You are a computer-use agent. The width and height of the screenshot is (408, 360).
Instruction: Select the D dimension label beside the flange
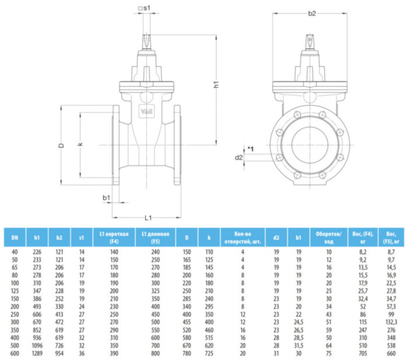coord(61,146)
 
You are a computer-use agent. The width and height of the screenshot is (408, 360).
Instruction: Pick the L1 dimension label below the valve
coord(148,218)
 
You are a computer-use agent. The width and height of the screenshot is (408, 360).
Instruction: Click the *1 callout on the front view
coord(250,150)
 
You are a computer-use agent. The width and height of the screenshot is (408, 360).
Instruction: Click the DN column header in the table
coord(15,238)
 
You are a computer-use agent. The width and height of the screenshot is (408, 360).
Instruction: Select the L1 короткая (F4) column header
coord(114,238)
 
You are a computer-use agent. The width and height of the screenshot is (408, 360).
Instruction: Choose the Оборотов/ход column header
coord(329,238)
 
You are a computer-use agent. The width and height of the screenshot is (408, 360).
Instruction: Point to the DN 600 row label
coord(15,353)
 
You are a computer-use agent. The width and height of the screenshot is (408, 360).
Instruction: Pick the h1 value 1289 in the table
coord(37,353)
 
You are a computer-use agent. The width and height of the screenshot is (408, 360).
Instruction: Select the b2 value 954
coord(59,353)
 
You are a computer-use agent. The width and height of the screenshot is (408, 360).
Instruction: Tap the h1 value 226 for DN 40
coord(37,251)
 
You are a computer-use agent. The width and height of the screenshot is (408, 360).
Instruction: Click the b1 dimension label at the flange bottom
coord(107,199)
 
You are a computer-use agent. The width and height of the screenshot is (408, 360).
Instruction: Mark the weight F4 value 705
coord(361,353)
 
